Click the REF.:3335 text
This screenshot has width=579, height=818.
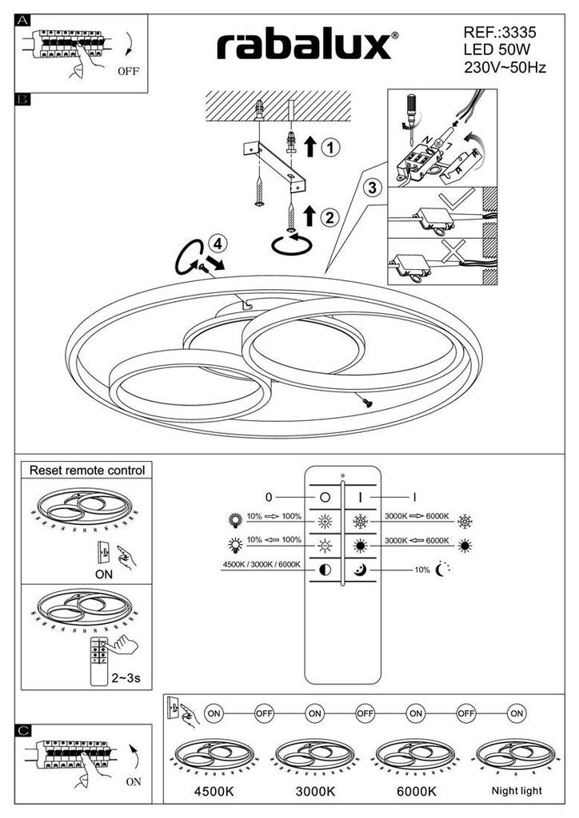coord(500,32)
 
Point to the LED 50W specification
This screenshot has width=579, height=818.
coord(497,50)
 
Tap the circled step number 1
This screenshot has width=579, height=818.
coord(330,148)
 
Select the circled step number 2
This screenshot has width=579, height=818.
coord(330,216)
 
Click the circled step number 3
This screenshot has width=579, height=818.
coord(372,187)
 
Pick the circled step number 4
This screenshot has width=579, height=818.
coord(218,244)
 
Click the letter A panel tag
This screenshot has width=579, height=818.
coord(23,20)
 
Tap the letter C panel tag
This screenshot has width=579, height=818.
coord(23,730)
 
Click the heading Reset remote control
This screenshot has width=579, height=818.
coord(86,470)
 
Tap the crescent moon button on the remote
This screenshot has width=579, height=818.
coord(360,570)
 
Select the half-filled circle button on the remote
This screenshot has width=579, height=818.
coord(325,570)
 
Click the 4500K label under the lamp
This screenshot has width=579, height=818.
coord(214,792)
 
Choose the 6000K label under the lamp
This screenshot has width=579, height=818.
coord(417,792)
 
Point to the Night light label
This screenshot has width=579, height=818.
coord(517,791)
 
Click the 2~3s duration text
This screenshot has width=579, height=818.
coord(126,678)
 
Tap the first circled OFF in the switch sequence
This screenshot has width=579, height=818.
coord(264,713)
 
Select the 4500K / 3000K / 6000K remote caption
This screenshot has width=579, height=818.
coord(262,565)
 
